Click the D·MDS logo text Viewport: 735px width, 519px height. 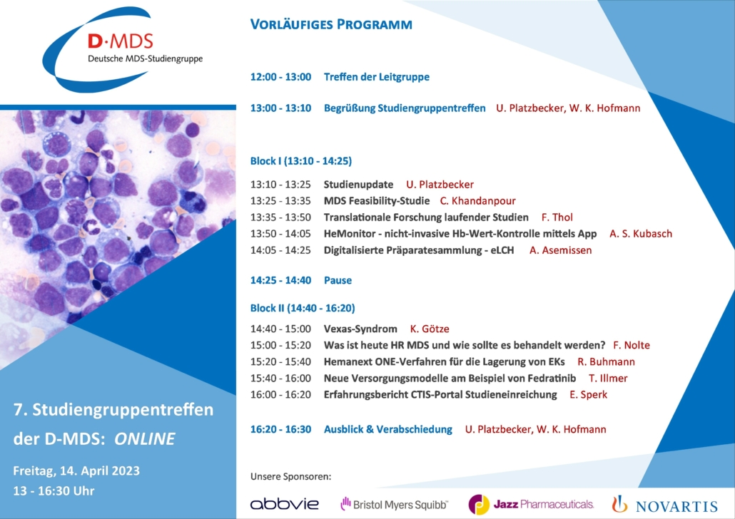click(x=121, y=41)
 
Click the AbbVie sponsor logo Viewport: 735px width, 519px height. click(x=285, y=504)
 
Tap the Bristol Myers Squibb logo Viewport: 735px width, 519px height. click(x=394, y=505)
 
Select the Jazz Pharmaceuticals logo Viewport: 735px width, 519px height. click(x=531, y=505)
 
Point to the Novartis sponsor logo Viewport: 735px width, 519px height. click(x=664, y=505)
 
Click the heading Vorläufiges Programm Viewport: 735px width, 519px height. click(x=331, y=24)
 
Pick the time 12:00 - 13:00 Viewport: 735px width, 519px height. click(x=280, y=77)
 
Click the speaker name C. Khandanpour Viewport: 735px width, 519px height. click(x=477, y=201)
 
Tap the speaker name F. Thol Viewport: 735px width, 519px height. click(x=557, y=217)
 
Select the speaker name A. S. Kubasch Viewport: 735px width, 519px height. click(x=641, y=234)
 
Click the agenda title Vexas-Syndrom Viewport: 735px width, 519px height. click(x=360, y=329)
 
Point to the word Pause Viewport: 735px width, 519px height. click(x=338, y=280)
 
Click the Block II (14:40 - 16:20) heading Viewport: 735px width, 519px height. click(x=303, y=308)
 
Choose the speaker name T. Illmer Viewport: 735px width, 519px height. click(x=608, y=378)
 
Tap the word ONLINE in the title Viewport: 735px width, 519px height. click(x=145, y=439)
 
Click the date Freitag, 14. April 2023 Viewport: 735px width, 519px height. click(x=76, y=471)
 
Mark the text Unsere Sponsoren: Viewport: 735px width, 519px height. click(x=290, y=476)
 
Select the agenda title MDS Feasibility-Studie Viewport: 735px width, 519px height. click(x=377, y=201)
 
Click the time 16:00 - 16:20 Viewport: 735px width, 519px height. click(x=280, y=394)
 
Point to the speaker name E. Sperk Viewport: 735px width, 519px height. click(x=588, y=394)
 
